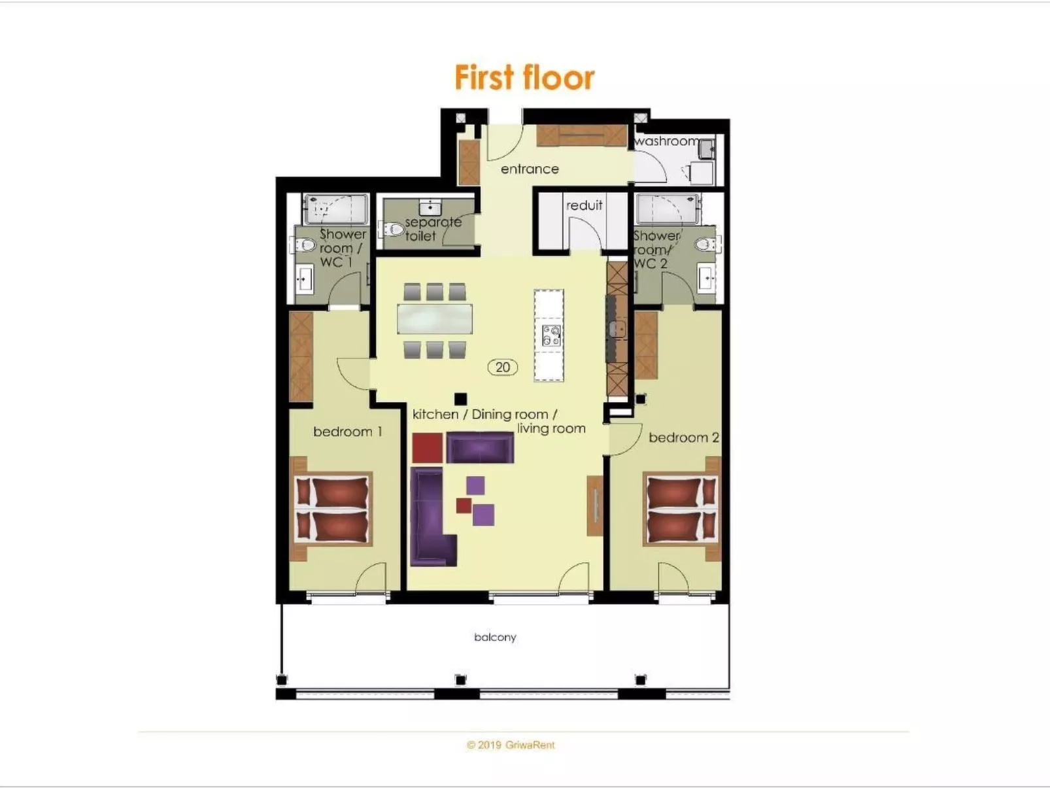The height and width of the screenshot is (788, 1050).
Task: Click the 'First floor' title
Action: point(524,78)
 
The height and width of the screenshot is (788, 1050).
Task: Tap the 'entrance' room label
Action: point(530,169)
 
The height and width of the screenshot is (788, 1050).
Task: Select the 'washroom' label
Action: point(666,141)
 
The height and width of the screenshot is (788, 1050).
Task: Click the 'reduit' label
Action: point(584,205)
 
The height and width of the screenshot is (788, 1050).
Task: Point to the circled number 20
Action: point(502,368)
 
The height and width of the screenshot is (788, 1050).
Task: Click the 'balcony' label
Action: point(495,637)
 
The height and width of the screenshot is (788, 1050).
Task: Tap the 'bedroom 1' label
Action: point(347,432)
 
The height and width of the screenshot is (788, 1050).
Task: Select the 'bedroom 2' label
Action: point(683,437)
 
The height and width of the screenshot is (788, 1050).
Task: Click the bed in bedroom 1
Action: point(331,509)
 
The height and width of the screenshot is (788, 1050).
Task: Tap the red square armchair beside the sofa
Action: point(427,448)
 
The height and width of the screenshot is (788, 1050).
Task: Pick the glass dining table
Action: point(435,320)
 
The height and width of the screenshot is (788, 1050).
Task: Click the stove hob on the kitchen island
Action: point(550,335)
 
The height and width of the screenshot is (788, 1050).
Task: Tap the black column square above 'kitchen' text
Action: point(460,398)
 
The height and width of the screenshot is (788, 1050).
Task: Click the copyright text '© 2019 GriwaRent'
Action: point(511,745)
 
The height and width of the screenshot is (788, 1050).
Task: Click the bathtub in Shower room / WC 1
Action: point(335,209)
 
